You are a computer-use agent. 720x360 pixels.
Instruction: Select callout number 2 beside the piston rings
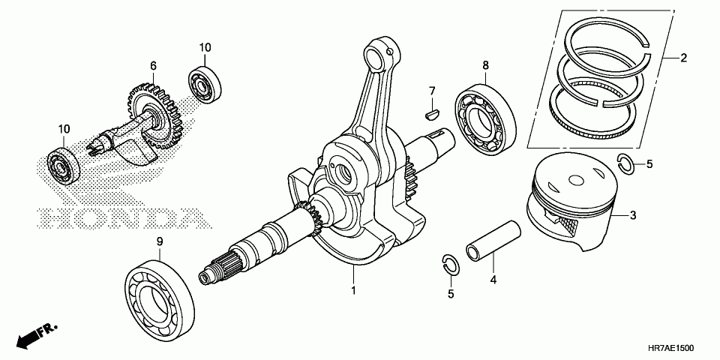pyautogui.click(x=683, y=58)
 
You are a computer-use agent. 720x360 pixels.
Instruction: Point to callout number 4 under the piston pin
pyautogui.click(x=493, y=280)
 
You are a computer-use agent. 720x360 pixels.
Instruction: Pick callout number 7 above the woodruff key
pyautogui.click(x=432, y=91)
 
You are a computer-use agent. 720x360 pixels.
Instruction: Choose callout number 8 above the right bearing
pyautogui.click(x=485, y=65)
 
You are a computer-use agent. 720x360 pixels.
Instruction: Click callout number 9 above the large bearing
pyautogui.click(x=160, y=241)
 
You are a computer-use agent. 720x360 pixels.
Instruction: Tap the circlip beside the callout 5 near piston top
pyautogui.click(x=626, y=163)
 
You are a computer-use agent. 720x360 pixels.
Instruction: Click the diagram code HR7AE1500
pyautogui.click(x=669, y=349)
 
